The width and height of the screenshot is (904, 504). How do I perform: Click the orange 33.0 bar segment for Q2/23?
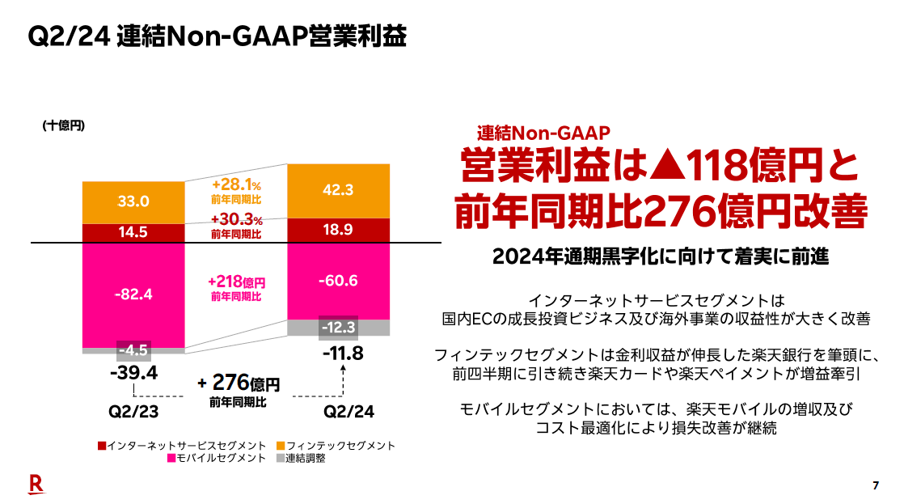coord(133,201)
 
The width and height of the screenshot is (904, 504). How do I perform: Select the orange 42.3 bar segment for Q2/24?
coord(339,191)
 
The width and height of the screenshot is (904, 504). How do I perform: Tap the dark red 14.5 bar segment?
coord(133,232)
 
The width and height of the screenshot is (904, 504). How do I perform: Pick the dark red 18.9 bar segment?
coord(339,231)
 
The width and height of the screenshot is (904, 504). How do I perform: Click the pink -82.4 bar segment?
coord(133,294)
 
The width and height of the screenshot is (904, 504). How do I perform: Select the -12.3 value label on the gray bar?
coord(339,327)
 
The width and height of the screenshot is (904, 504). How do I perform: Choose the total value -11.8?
coord(343,353)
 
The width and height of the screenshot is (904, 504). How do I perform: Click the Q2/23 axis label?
coord(133,411)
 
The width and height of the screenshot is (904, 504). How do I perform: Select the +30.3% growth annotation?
coord(236,220)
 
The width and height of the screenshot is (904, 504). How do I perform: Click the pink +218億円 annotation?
coord(236,282)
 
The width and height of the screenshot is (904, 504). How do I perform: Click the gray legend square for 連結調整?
coord(281,459)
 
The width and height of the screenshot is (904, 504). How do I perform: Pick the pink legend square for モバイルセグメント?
coord(171,459)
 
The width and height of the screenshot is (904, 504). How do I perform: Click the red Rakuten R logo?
coord(36,484)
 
